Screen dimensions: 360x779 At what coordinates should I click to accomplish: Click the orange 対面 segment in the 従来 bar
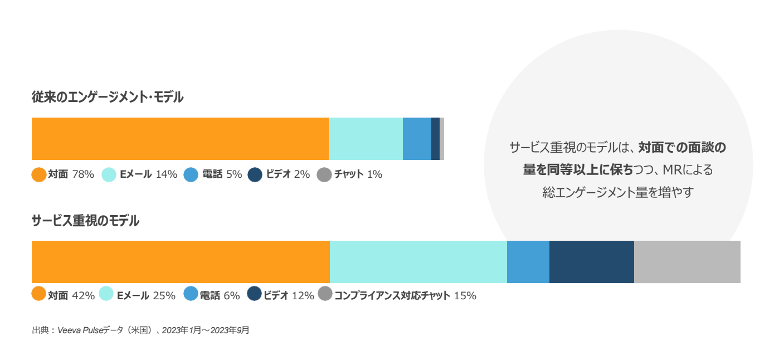tap(180, 139)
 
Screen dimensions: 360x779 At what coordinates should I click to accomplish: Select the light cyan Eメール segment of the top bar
tap(366, 139)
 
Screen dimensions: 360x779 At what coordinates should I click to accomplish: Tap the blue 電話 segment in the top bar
tap(417, 139)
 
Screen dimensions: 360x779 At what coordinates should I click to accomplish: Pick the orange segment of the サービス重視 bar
tap(181, 262)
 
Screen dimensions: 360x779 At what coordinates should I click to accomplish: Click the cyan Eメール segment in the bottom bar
tap(418, 262)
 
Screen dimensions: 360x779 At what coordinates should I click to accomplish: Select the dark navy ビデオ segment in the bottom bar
tap(591, 262)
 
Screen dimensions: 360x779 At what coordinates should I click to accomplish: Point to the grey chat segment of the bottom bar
tap(687, 262)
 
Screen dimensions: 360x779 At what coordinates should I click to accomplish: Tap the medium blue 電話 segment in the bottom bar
tap(528, 262)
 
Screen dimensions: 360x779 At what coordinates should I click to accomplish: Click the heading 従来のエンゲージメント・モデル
tap(108, 98)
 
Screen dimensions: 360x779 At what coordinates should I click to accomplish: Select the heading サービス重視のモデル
tap(85, 221)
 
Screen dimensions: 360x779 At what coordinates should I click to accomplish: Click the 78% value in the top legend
tap(83, 174)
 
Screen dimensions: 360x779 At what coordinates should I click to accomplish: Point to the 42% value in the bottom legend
tap(84, 296)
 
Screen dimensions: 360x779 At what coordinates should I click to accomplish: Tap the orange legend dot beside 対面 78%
tap(39, 174)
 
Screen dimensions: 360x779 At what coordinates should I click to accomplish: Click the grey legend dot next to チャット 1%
tap(324, 174)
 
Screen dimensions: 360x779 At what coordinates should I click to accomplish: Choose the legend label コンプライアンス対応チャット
tap(392, 296)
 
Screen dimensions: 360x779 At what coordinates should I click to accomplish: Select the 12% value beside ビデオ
tap(303, 296)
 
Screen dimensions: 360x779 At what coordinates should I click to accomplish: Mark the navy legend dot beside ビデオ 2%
tap(255, 174)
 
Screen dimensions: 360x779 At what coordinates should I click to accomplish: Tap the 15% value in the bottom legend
tap(465, 296)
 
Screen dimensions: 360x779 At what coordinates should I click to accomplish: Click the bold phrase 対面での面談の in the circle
tap(682, 148)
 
